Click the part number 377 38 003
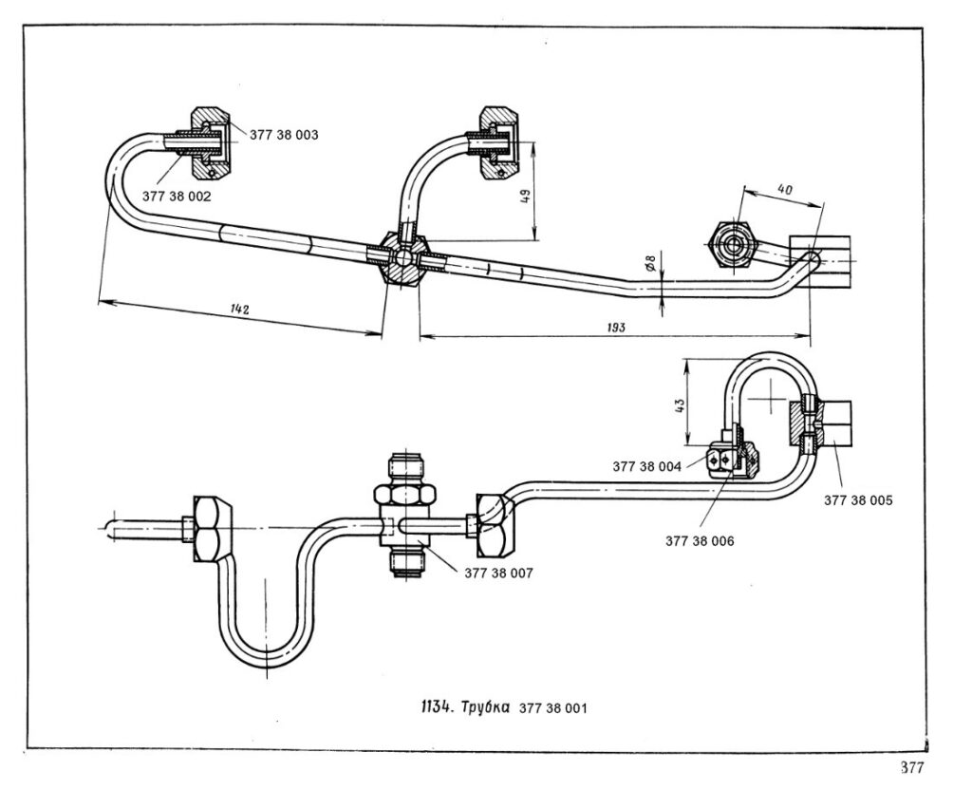coord(284,135)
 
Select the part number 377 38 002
coord(177,196)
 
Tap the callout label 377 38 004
coord(646,466)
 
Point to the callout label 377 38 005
coord(858,499)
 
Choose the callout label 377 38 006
coord(700,540)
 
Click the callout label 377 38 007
coord(498,574)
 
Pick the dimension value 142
coord(238,310)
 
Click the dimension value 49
coord(524,197)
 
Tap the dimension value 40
coord(784,190)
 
